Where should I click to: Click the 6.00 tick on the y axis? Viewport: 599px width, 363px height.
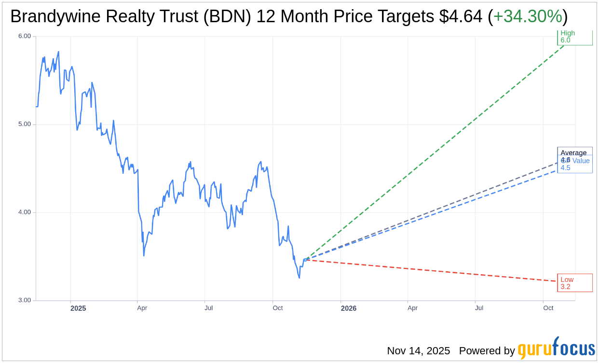click(24, 36)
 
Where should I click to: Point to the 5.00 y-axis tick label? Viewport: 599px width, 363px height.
click(24, 124)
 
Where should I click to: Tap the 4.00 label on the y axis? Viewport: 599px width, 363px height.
click(24, 212)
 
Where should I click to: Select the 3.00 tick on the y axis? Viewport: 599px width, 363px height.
click(24, 300)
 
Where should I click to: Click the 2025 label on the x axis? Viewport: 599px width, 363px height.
click(78, 308)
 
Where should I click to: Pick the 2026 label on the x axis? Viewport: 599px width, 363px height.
click(348, 308)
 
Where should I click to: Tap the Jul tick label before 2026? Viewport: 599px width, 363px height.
click(208, 308)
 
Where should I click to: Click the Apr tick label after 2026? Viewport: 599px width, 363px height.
click(412, 308)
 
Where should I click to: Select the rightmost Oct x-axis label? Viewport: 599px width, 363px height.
click(548, 308)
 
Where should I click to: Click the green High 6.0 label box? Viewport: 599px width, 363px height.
click(574, 37)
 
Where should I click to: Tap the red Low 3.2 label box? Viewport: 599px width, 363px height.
click(574, 283)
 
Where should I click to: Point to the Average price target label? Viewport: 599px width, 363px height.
click(573, 153)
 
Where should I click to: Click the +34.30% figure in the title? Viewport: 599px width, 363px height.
click(527, 17)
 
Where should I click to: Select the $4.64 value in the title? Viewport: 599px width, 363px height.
click(460, 17)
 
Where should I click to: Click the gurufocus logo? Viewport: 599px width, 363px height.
click(556, 349)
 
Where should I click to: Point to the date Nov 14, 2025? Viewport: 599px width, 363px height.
click(418, 351)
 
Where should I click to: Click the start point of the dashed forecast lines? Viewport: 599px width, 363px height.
click(305, 260)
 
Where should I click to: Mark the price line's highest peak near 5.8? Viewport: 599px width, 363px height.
click(58, 52)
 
